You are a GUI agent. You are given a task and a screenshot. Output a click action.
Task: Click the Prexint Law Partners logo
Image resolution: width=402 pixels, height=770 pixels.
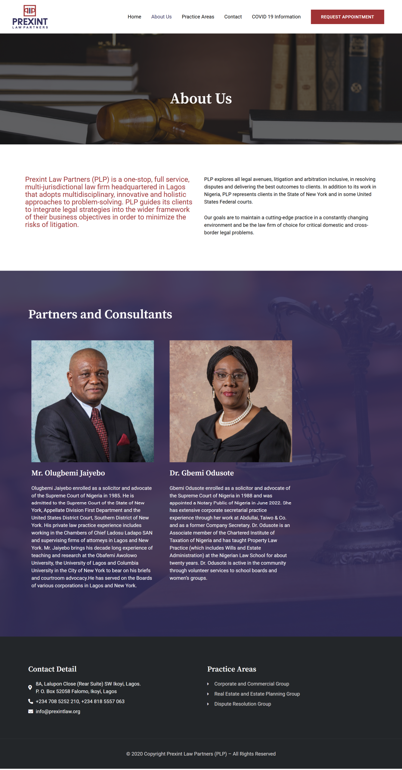click(x=30, y=17)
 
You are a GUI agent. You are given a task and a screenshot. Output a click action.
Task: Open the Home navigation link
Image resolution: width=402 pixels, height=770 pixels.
click(x=134, y=17)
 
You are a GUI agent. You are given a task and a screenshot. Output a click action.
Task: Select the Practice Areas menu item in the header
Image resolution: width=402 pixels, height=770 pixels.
click(x=198, y=17)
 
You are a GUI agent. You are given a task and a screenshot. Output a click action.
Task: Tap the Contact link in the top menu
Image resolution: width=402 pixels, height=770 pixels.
click(x=233, y=17)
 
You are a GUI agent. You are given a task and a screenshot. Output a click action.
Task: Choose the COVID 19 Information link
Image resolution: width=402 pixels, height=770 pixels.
click(x=276, y=17)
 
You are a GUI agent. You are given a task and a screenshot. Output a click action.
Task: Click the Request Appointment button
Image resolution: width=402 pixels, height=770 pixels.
click(x=347, y=17)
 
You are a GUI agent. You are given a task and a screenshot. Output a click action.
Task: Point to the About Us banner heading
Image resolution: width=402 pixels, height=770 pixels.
click(x=201, y=98)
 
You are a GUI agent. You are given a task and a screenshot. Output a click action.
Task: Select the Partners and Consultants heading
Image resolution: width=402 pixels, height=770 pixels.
click(x=100, y=314)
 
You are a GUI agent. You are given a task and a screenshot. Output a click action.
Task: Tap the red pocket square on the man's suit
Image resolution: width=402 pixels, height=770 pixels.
click(x=123, y=440)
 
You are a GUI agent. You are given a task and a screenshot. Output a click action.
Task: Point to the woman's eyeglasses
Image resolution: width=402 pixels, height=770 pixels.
click(x=230, y=375)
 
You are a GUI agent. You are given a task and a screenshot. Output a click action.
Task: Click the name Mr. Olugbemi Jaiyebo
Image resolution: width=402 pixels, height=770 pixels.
click(x=68, y=473)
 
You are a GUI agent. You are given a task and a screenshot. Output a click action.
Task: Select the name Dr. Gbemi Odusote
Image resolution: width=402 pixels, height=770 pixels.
click(x=202, y=473)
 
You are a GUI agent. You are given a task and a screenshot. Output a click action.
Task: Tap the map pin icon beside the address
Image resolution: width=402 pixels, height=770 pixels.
click(x=30, y=687)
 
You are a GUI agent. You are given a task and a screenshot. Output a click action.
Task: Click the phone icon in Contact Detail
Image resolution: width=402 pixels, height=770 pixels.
click(x=30, y=701)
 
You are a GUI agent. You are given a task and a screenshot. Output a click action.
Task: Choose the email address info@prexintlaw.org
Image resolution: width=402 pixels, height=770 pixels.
click(x=58, y=711)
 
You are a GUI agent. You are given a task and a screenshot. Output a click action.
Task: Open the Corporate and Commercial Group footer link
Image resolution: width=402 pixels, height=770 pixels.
click(x=252, y=684)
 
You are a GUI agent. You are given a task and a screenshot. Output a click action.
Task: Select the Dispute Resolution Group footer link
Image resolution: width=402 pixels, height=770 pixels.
click(x=243, y=704)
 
